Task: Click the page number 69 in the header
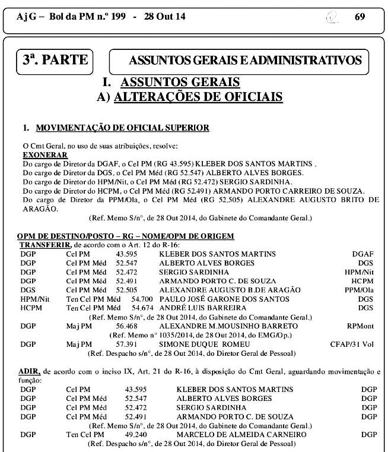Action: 360,17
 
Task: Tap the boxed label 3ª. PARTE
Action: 55,60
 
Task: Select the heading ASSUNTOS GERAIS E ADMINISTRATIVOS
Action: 245,61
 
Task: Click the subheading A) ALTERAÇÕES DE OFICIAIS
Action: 189,97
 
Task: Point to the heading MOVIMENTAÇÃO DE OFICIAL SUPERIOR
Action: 122,128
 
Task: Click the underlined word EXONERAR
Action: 44,154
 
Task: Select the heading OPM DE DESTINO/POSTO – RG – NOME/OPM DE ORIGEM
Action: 126,236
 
